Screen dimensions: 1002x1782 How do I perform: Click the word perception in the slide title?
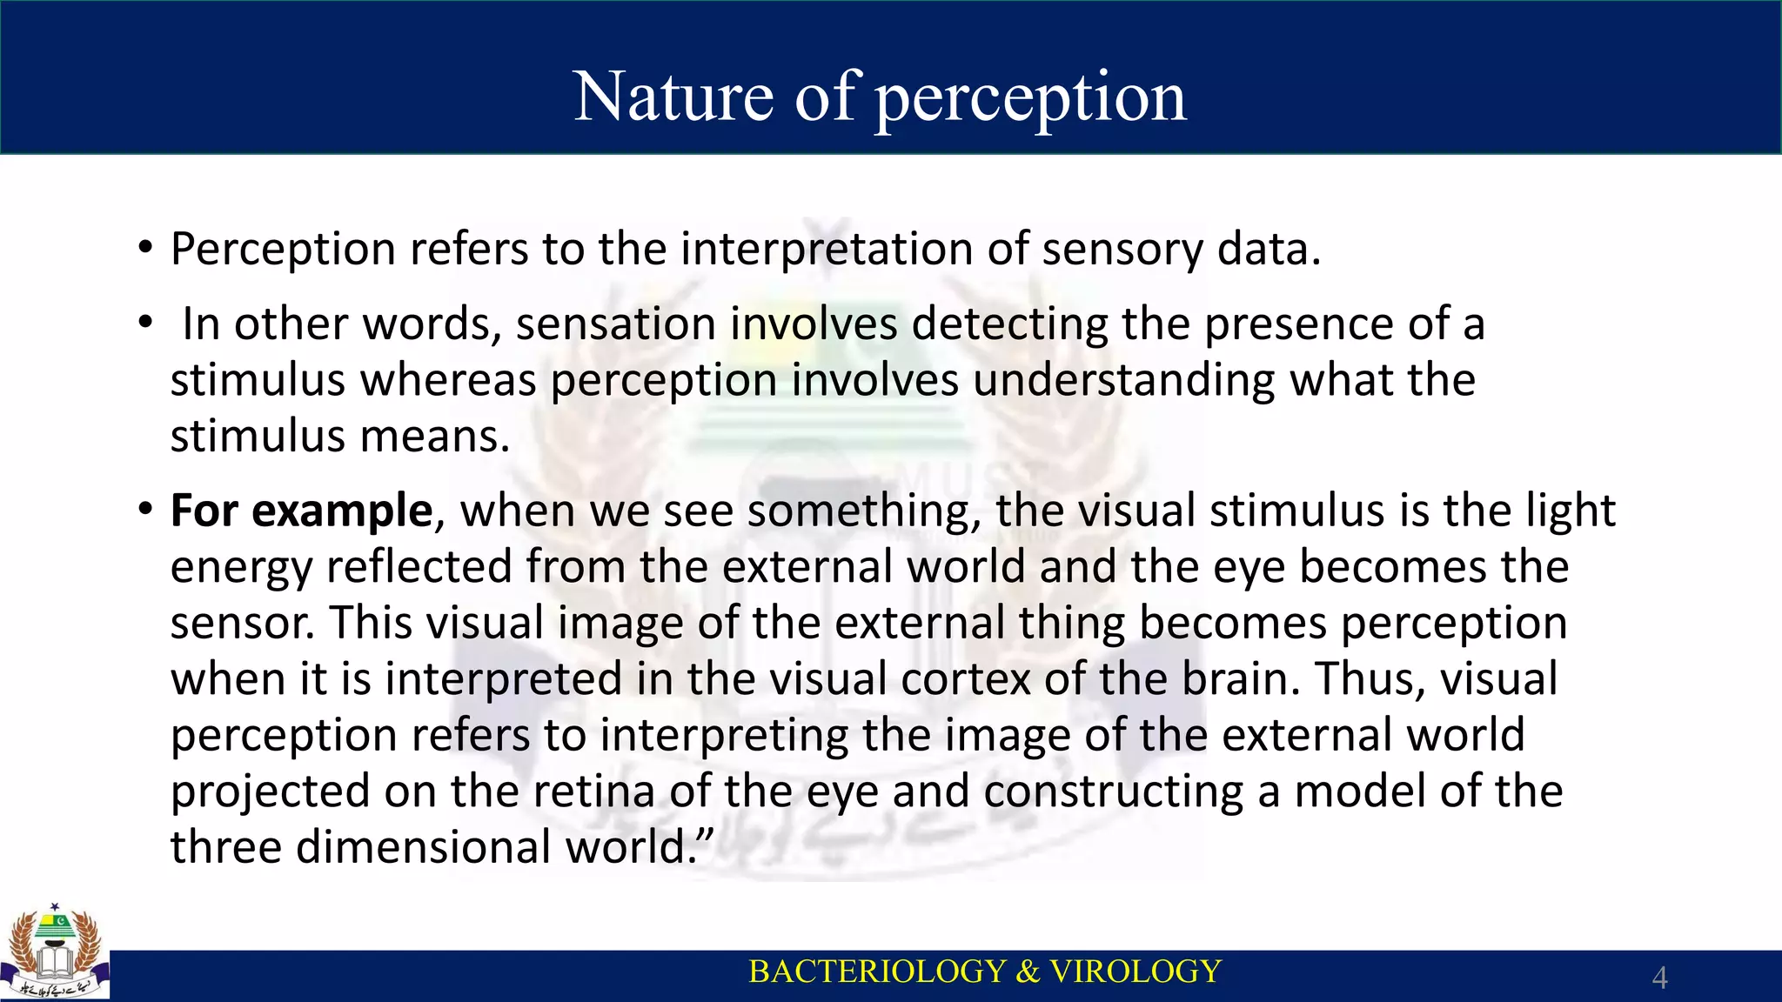coord(1030,98)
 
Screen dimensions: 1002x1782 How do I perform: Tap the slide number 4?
coord(1659,978)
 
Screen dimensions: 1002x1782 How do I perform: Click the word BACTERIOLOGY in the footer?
coord(877,972)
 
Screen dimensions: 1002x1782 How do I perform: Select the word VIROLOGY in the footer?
coord(1135,972)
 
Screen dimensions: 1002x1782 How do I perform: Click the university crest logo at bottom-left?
coord(55,952)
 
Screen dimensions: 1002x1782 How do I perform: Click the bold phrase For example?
coord(301,511)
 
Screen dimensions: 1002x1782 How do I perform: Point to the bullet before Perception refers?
coord(145,249)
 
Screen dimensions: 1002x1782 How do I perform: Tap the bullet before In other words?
coord(145,324)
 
